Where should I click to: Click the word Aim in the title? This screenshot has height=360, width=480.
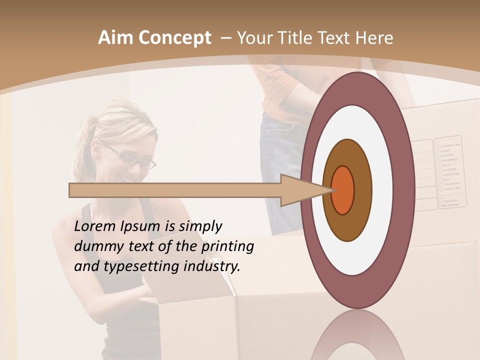tap(116, 38)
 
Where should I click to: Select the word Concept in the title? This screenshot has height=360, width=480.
tap(175, 38)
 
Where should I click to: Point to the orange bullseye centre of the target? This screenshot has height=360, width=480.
tap(343, 190)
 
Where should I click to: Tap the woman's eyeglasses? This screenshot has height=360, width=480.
tap(132, 157)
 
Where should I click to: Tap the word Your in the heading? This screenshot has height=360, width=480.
tap(253, 38)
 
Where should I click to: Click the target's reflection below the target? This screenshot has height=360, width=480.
tap(357, 335)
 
